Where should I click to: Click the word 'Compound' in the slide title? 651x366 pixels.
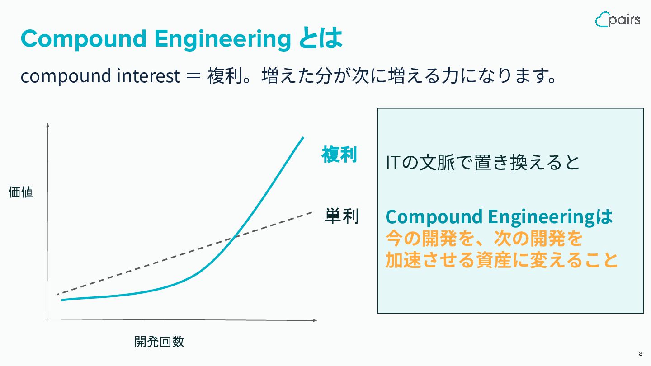point(83,39)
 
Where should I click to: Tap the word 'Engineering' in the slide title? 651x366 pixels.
point(222,39)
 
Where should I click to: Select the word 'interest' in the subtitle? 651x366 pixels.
point(148,76)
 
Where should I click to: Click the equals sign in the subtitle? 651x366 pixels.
point(193,76)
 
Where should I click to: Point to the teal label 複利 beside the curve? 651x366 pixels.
point(339,154)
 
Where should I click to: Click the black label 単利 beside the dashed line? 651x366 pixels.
point(342,216)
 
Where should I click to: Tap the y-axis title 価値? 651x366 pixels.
point(21,192)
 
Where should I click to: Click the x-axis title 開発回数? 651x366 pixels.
point(159,342)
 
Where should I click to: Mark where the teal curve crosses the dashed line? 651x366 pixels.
point(233,237)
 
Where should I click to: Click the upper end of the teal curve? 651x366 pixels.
point(303,137)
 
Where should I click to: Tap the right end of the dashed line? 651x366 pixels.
point(312,213)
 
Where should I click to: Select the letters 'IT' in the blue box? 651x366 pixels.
point(393,162)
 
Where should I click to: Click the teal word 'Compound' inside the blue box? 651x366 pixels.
point(434,217)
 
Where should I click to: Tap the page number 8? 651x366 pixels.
point(641,354)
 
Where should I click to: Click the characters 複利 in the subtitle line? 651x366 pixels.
point(224,76)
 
